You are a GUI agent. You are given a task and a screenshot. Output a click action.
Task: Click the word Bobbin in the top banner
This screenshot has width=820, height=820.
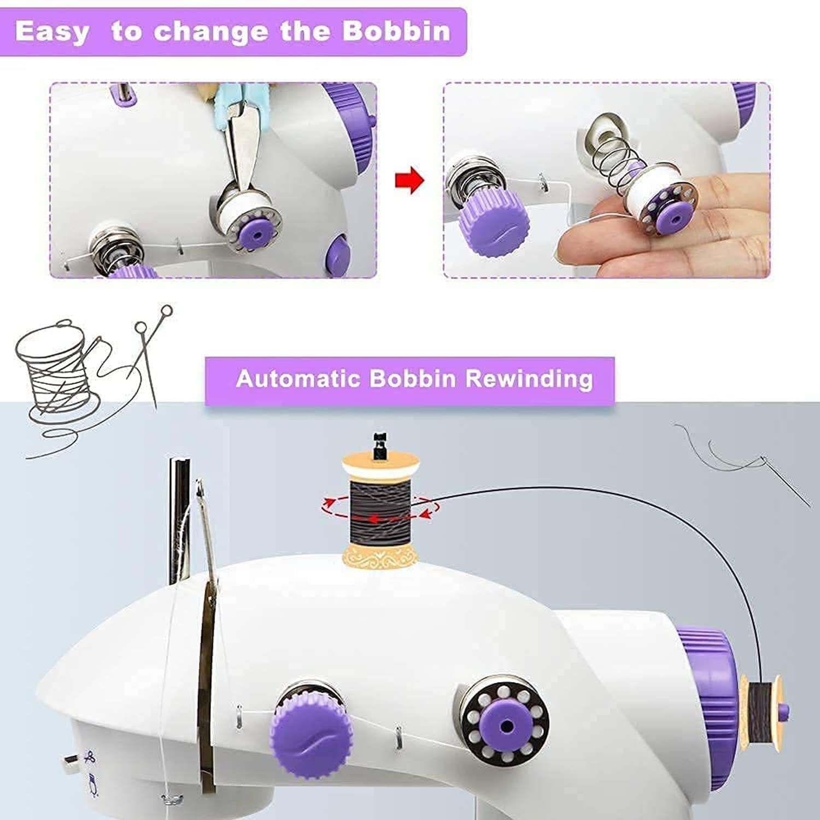[x=396, y=31]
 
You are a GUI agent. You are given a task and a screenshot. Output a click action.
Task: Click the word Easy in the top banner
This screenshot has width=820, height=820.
[x=52, y=31]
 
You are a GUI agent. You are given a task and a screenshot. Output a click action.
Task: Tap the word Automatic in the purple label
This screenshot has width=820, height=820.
[x=298, y=378]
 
